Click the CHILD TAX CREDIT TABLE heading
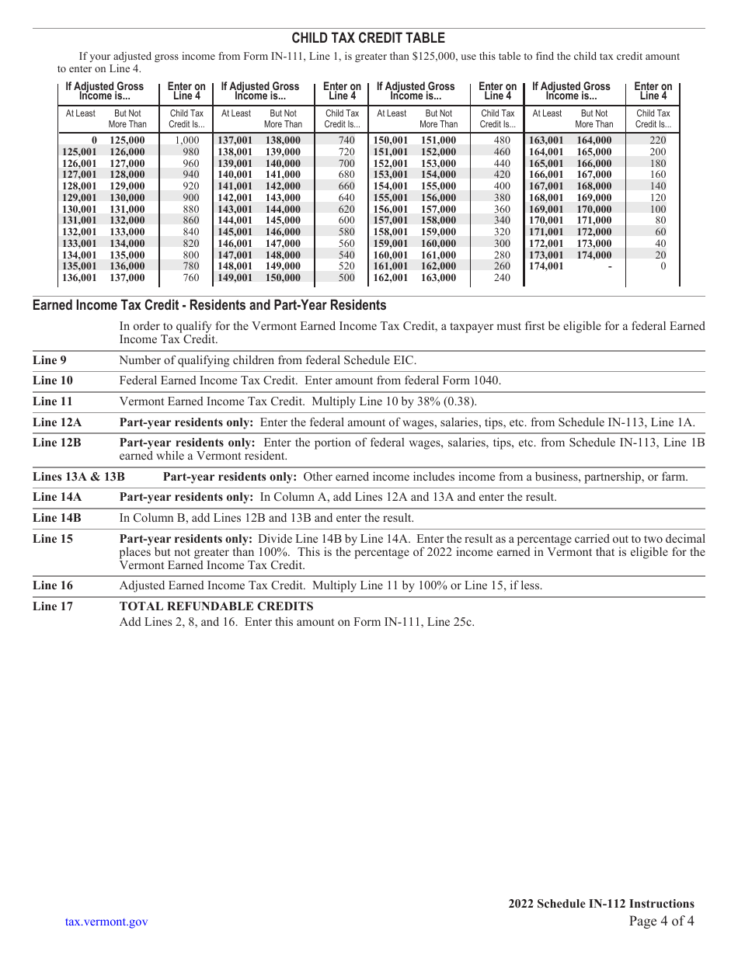tap(368, 38)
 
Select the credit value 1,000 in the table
tap(186, 141)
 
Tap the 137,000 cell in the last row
tap(127, 278)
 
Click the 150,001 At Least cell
tap(391, 141)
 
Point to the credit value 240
tap(502, 278)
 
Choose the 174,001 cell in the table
tap(546, 266)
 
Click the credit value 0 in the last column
tap(663, 266)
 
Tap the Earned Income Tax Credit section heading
tap(209, 305)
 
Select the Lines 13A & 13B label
tap(78, 477)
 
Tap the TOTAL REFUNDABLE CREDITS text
tap(216, 606)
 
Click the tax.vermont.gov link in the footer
tap(106, 922)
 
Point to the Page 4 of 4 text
tap(661, 922)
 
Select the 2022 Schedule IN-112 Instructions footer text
tap(601, 904)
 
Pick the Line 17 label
tap(53, 606)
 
